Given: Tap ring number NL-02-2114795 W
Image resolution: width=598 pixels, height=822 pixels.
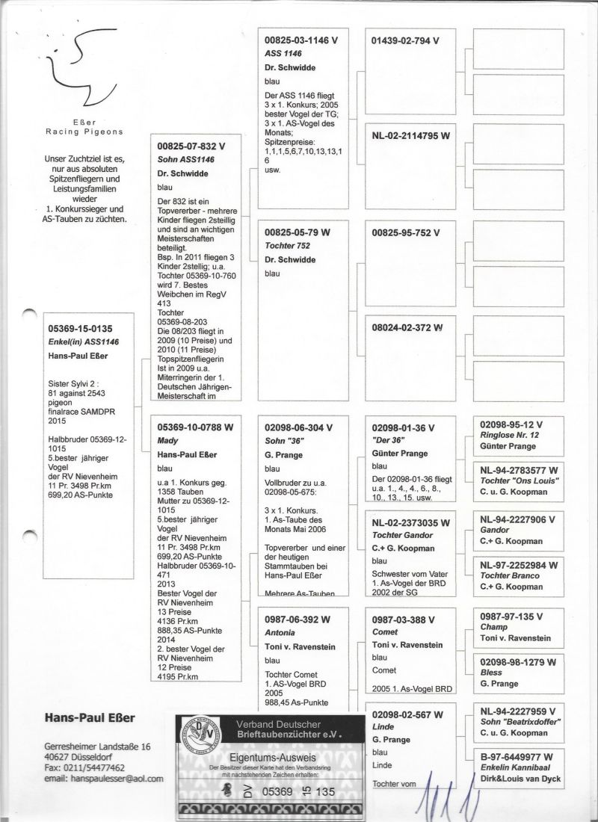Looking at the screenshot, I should point(410,135).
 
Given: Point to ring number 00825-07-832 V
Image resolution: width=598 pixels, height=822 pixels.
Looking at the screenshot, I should point(191,146).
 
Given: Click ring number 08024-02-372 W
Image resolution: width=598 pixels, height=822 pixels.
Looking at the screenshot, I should point(407,327).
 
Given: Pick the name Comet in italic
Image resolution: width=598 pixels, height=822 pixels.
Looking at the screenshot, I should point(385,632).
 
